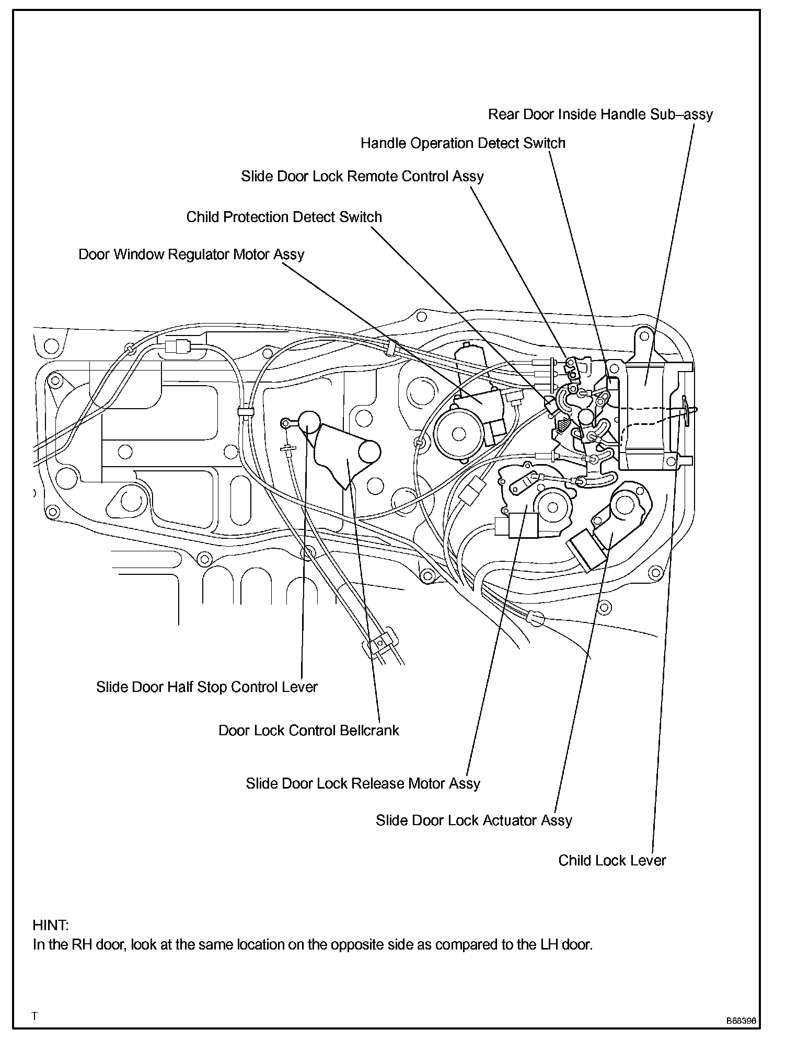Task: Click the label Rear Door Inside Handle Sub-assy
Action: click(x=600, y=114)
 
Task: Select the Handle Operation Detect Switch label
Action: click(x=463, y=143)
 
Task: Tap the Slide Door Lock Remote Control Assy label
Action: click(x=362, y=176)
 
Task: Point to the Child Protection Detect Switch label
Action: click(x=284, y=217)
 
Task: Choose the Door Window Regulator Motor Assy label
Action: click(x=191, y=255)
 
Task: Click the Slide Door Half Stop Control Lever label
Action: click(x=206, y=687)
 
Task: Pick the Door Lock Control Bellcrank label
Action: click(x=308, y=730)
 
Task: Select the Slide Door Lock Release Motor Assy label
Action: click(x=363, y=783)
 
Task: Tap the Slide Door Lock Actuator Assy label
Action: click(x=473, y=820)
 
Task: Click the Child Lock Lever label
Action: click(x=612, y=860)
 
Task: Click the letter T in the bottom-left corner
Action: click(x=34, y=1016)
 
